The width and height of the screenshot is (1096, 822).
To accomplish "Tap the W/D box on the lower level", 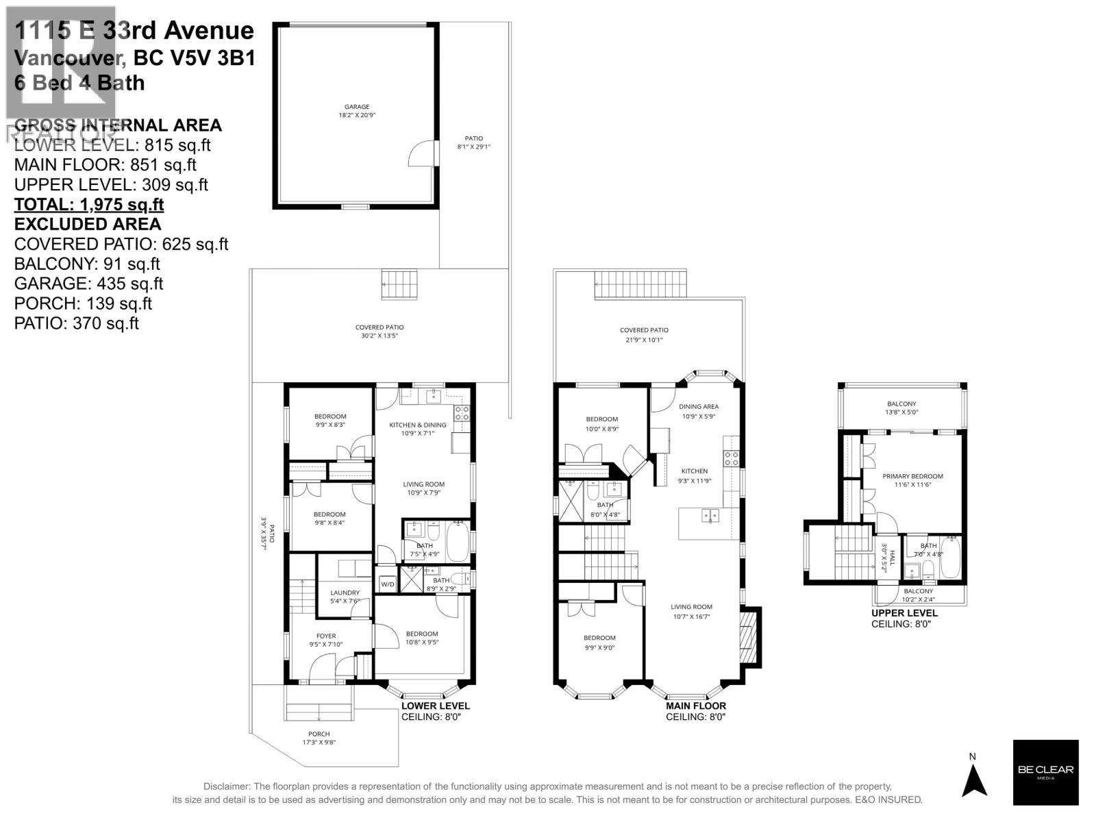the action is click(x=388, y=584).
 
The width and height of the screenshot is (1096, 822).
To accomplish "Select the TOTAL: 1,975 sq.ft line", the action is click(x=89, y=205).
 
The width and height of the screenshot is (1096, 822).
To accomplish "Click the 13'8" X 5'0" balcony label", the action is click(x=901, y=408).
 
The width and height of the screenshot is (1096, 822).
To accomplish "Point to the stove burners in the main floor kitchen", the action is click(x=732, y=458).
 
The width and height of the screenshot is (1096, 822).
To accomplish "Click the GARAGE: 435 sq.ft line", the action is click(x=89, y=284).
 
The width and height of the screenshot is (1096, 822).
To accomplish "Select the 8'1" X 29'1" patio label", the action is click(x=474, y=142).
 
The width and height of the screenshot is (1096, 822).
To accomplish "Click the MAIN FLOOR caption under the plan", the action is click(x=695, y=706).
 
